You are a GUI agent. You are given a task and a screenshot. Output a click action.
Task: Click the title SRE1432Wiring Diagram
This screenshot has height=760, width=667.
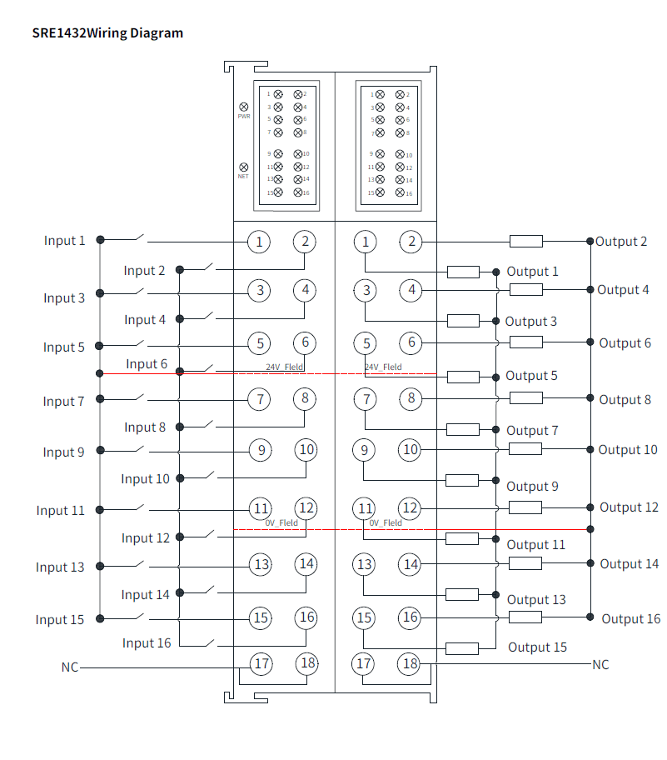[107, 33]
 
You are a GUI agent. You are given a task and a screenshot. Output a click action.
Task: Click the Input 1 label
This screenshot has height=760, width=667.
[65, 241]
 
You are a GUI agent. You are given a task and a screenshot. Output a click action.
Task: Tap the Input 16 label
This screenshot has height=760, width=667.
[147, 643]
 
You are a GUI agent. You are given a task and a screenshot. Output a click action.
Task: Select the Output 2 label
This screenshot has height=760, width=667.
[621, 242]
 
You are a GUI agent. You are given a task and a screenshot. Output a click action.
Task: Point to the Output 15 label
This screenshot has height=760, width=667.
[537, 647]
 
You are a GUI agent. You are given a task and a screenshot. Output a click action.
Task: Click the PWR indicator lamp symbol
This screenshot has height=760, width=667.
[244, 107]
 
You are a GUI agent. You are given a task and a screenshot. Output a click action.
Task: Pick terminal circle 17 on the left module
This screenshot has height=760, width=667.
[261, 664]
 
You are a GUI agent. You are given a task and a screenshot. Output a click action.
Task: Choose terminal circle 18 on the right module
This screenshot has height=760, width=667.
[410, 664]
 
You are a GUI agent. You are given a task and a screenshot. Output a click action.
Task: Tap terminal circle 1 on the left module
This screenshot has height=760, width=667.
[260, 242]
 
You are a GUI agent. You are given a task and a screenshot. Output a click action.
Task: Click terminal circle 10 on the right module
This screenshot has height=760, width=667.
[411, 450]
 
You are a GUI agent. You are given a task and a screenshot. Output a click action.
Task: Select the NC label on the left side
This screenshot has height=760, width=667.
[69, 667]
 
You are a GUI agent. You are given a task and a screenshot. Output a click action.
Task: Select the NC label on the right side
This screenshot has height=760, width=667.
[600, 665]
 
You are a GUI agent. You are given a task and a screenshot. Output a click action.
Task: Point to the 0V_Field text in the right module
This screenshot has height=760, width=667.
[386, 523]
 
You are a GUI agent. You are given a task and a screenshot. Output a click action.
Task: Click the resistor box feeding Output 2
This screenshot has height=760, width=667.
[525, 242]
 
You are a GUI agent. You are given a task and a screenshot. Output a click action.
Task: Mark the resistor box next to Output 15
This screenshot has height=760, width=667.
[462, 648]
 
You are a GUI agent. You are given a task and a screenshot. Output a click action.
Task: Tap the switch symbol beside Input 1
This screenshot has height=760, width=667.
[135, 239]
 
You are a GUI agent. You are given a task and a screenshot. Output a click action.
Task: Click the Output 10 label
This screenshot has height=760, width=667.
[628, 450]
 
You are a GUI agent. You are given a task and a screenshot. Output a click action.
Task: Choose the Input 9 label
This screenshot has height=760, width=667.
[64, 452]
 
